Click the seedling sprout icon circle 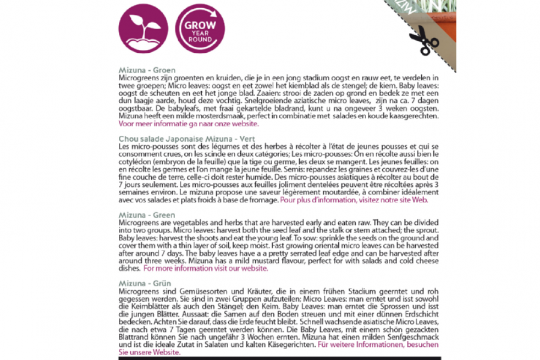tap(143, 27)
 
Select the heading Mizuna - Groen tap(147, 70)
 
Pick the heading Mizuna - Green tap(147, 215)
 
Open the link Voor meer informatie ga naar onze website tap(188, 124)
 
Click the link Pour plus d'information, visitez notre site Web tap(354, 200)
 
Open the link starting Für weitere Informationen tap(378, 345)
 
